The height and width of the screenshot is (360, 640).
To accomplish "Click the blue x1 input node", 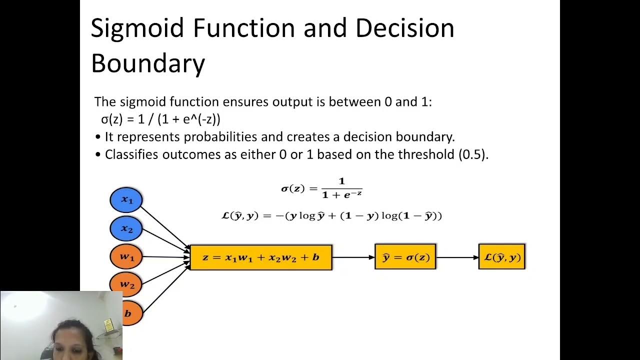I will click(x=126, y=200).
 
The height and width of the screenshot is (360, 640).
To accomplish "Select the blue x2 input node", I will click(x=126, y=229).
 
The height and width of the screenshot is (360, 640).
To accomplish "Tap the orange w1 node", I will click(x=126, y=257).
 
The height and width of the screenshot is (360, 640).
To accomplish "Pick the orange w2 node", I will click(x=126, y=284).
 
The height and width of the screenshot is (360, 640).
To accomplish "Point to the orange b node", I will click(x=128, y=313).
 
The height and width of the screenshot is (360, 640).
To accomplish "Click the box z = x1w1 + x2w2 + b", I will click(x=261, y=257).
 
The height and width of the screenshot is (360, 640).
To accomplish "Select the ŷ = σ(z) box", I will click(x=405, y=257).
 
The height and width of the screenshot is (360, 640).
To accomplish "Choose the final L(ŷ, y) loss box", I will click(x=501, y=257).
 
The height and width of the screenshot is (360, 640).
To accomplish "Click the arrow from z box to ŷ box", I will click(x=353, y=257).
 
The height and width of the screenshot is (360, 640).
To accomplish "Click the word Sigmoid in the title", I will click(x=138, y=28).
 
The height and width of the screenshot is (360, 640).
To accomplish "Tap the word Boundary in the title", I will click(x=148, y=63).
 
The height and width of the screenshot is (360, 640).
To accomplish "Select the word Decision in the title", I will click(x=404, y=28).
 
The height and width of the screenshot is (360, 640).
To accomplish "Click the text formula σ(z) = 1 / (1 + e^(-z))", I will click(x=160, y=119).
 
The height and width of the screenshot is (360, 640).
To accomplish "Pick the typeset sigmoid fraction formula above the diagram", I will click(x=321, y=188).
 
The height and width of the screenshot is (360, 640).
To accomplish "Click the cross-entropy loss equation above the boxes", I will click(x=331, y=216).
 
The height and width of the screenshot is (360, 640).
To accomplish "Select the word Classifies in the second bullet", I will click(x=136, y=154).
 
